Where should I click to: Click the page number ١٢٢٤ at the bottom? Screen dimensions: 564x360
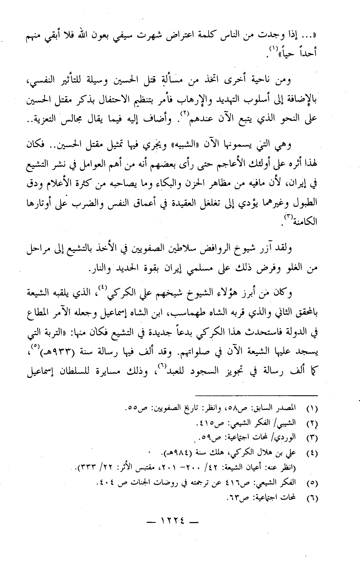point(180,523)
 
